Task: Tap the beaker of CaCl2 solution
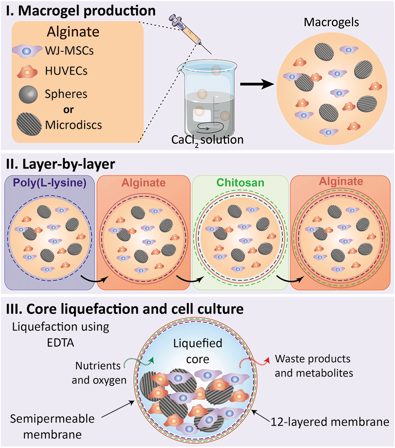208,99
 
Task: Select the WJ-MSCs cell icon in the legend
27,51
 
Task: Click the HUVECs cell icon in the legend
27,71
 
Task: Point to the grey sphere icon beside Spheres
28,94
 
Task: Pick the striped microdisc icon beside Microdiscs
29,124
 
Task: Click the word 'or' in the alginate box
68,110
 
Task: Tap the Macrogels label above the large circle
331,22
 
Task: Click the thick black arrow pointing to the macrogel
257,84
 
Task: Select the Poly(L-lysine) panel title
50,183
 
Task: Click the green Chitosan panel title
240,183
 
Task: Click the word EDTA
60,343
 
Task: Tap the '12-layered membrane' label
330,422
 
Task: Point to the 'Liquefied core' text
197,351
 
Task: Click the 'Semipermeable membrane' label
53,427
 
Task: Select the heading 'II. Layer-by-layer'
61,164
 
